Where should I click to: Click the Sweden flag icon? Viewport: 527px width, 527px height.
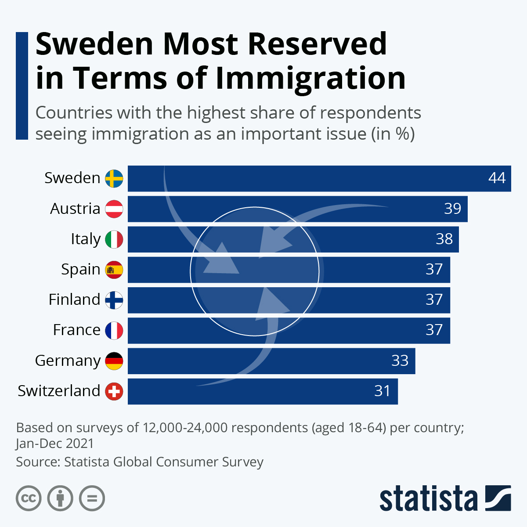tap(114, 178)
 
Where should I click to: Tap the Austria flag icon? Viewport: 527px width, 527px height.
tap(114, 209)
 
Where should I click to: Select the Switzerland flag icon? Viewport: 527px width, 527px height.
tap(114, 391)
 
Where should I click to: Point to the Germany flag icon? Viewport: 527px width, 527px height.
tap(114, 361)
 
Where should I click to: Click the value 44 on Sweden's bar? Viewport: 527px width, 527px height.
tap(497, 178)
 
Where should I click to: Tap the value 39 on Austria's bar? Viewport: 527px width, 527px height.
tap(452, 209)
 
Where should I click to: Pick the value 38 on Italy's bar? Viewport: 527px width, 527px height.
tap(444, 239)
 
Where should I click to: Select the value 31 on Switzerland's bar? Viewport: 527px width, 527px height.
tap(382, 391)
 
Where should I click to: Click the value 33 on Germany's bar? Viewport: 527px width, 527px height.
tap(400, 361)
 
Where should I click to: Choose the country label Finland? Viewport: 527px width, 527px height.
tap(74, 300)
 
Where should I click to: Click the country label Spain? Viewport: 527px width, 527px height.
tap(80, 269)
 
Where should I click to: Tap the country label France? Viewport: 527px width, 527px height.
tap(76, 330)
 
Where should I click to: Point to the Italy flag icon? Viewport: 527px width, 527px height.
tap(114, 239)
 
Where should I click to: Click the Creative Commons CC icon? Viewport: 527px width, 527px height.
tap(29, 498)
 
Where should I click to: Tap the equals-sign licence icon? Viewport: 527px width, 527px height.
tap(92, 498)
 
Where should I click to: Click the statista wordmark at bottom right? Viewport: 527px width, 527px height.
tap(428, 498)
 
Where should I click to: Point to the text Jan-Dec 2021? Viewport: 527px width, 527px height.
tap(55, 443)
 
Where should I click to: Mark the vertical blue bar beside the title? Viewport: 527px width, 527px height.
tap(22, 86)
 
